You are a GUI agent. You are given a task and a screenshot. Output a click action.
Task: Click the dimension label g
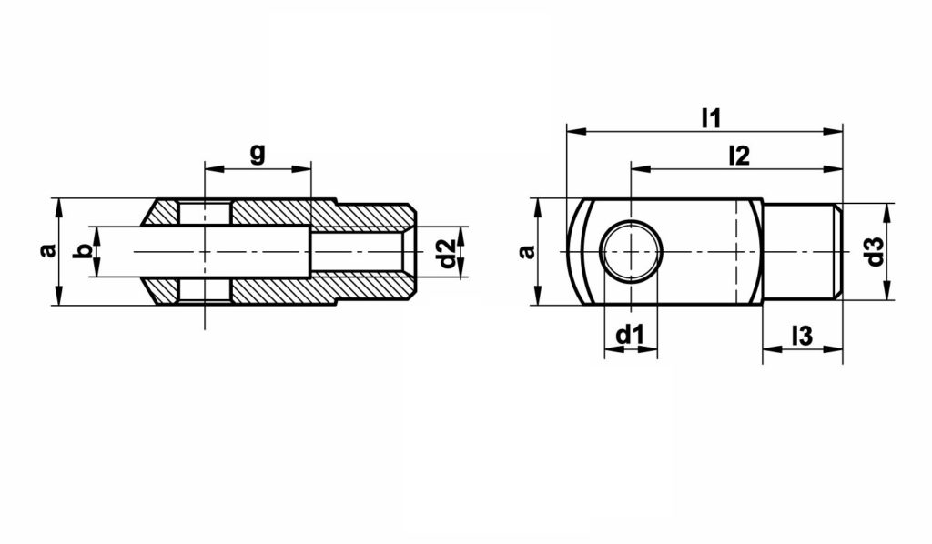coord(258,152)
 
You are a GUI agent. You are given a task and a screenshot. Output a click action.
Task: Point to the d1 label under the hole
coord(630,335)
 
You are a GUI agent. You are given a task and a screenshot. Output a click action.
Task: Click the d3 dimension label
coord(875,251)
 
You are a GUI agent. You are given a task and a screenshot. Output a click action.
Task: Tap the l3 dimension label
coord(801,335)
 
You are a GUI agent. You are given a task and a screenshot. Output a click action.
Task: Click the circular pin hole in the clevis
coord(631,251)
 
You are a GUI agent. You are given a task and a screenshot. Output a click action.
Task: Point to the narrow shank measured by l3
coord(799,251)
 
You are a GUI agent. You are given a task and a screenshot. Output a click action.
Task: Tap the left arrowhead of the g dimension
coord(212,168)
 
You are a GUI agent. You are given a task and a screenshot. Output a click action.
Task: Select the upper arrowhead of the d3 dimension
coord(888,209)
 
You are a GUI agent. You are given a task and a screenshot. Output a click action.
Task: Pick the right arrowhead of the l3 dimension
coord(836,350)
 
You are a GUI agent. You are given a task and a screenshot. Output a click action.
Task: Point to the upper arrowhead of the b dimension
coord(95,231)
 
